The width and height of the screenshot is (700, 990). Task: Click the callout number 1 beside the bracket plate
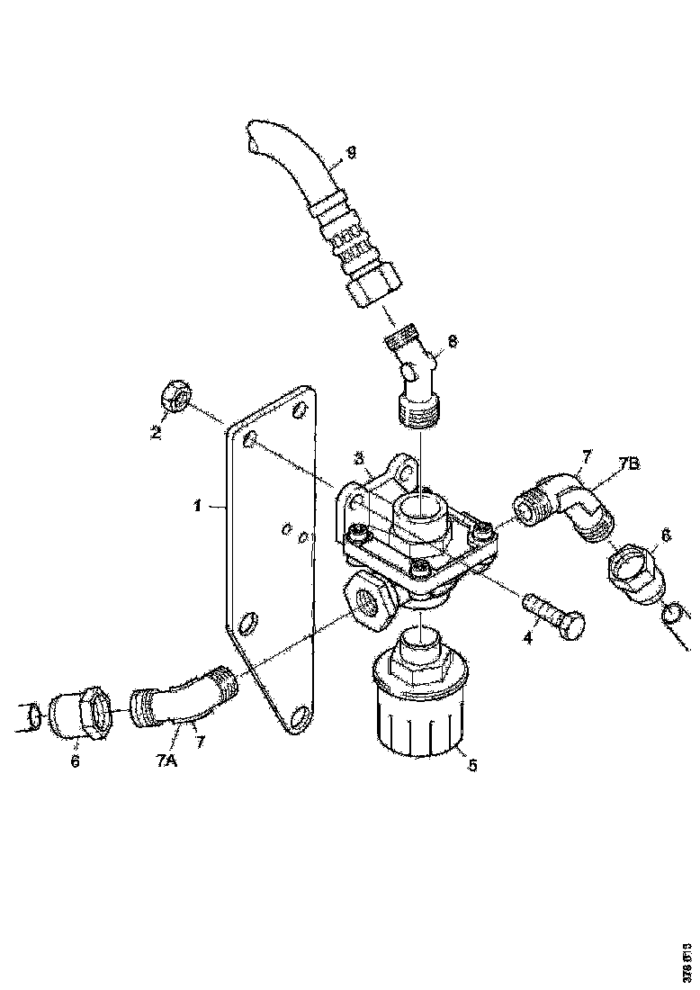click(x=197, y=507)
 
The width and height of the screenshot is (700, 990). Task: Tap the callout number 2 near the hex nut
click(x=155, y=433)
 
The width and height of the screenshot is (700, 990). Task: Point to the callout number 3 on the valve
click(x=359, y=459)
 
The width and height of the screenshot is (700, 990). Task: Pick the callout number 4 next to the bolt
click(x=529, y=638)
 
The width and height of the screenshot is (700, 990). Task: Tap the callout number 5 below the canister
click(x=472, y=766)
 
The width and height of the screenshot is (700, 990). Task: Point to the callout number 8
click(x=453, y=341)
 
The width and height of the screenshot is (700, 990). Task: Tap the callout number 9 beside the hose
click(x=351, y=152)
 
